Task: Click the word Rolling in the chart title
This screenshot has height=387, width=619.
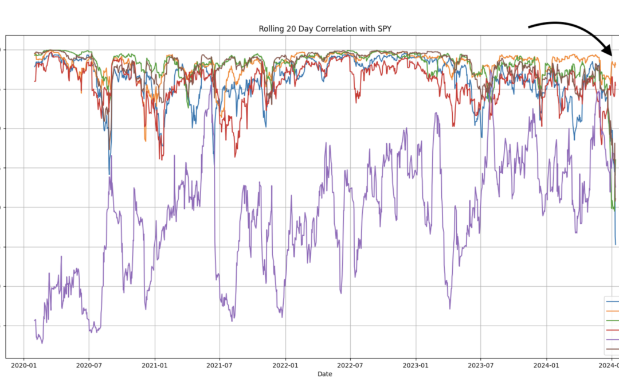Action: click(x=271, y=29)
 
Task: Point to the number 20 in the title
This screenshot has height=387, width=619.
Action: click(x=291, y=29)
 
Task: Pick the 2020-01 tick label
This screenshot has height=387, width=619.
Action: click(x=23, y=365)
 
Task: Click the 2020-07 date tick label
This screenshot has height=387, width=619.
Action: click(x=89, y=365)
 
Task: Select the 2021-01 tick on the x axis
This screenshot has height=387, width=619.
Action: click(x=155, y=365)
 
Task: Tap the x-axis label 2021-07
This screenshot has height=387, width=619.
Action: click(x=220, y=365)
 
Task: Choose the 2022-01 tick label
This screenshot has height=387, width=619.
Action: click(x=285, y=365)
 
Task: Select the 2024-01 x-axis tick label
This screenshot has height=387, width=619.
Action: click(x=547, y=365)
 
